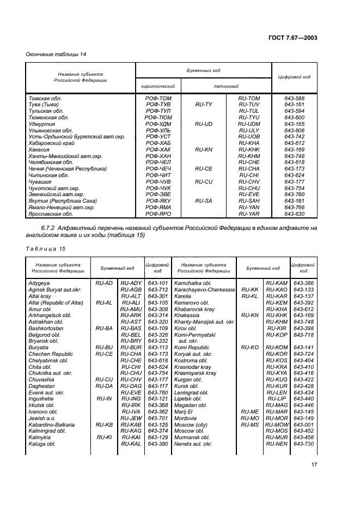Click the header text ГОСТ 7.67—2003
point(294,37)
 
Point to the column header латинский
point(227,86)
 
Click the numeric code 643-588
point(294,98)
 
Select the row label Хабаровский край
point(52,143)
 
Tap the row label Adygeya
point(41,283)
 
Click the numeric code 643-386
point(303,283)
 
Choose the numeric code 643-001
point(303,424)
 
